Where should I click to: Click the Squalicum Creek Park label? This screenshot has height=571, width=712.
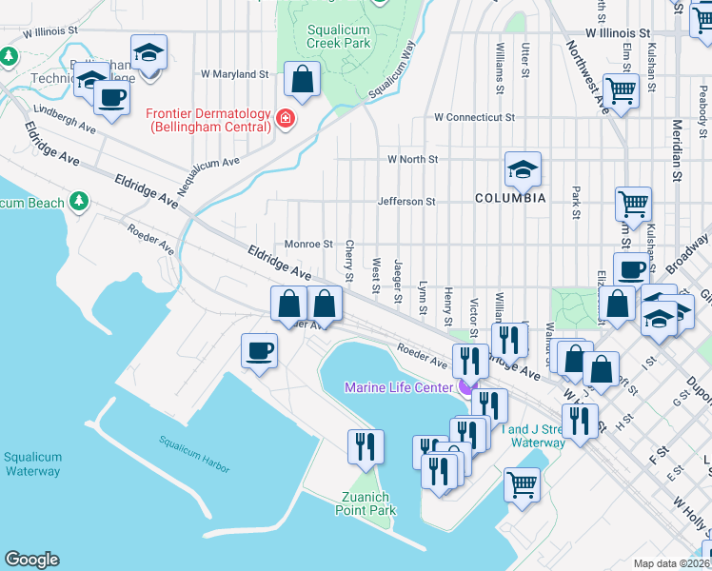(339, 36)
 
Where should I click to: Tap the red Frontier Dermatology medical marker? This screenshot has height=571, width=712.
(285, 120)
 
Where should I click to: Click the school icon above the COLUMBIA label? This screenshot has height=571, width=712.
(523, 170)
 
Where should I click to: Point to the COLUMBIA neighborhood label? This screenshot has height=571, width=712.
(510, 198)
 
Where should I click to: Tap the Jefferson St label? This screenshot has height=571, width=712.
(405, 202)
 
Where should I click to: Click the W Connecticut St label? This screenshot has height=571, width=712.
(474, 118)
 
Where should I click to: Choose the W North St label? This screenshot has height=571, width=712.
(412, 160)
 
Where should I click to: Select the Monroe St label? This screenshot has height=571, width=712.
(308, 245)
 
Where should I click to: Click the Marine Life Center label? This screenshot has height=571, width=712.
(398, 386)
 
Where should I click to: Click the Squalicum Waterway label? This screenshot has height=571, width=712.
(33, 463)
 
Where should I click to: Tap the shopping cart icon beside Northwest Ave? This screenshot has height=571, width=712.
(621, 92)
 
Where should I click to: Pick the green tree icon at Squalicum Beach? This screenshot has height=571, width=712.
(81, 202)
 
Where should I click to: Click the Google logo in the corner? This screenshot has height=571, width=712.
(31, 560)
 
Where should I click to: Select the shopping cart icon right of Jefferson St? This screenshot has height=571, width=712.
(633, 204)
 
